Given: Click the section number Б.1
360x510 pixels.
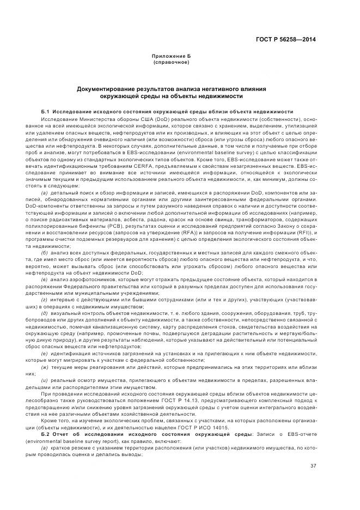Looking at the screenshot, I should pos(46,111).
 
